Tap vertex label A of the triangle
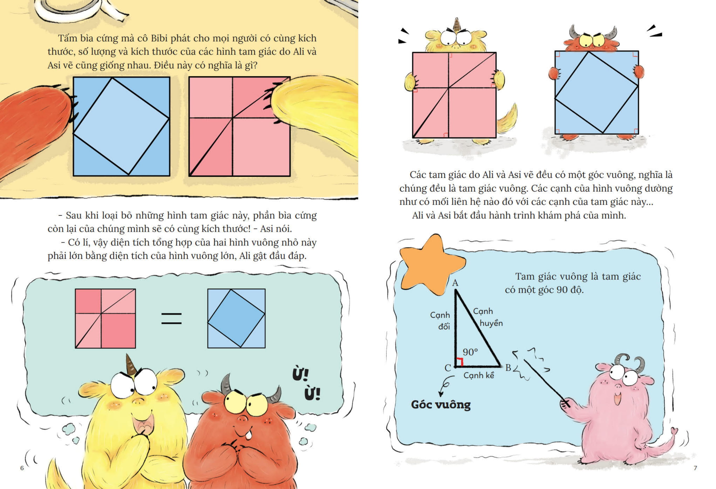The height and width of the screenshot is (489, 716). point(455,283)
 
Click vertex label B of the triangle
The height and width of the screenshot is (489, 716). point(508,367)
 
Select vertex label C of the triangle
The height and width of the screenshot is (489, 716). point(448,368)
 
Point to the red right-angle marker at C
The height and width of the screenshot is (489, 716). point(460,362)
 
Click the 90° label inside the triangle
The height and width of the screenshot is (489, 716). point(470,352)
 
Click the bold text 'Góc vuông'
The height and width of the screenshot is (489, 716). point(441,405)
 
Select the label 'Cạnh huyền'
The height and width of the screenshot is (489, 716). point(488,317)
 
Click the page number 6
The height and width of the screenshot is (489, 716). point(22,468)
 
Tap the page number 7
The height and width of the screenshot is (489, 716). point(695,468)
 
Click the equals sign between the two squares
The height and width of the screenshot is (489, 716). point(172,319)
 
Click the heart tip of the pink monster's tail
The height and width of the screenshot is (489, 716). point(675,431)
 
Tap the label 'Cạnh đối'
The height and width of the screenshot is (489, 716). point(440,321)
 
